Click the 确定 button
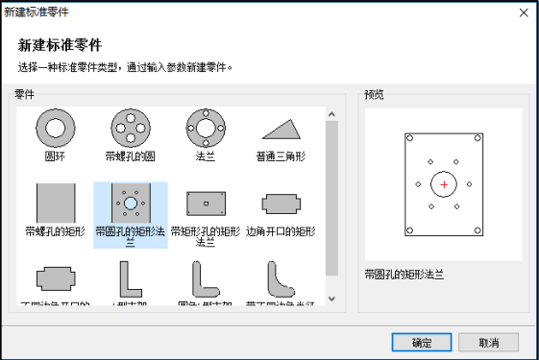421,343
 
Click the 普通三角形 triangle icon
281,129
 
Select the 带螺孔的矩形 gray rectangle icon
55,203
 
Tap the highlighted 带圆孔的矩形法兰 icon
130,203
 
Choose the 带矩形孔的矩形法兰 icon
205,203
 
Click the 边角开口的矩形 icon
281,203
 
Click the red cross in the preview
443,183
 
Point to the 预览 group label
375,94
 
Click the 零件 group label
24,94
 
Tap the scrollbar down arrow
332,298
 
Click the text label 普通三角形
281,155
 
